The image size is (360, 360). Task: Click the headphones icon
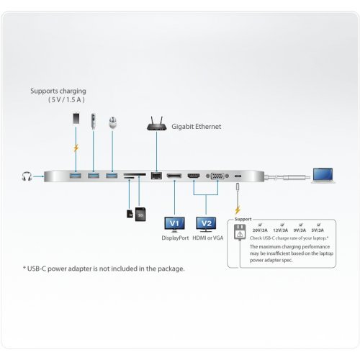[x=27, y=176]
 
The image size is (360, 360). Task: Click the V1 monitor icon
[x=174, y=223]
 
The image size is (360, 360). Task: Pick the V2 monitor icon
[x=206, y=223]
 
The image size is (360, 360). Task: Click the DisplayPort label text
[x=174, y=238]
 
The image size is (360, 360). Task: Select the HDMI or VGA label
[x=208, y=238]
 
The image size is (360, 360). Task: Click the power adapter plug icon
[x=240, y=235]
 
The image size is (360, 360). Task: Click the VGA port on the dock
[x=215, y=176]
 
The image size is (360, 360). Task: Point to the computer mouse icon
[x=112, y=123]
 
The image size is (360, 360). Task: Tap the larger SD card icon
[x=140, y=214]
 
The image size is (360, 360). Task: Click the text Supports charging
[x=58, y=91]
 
